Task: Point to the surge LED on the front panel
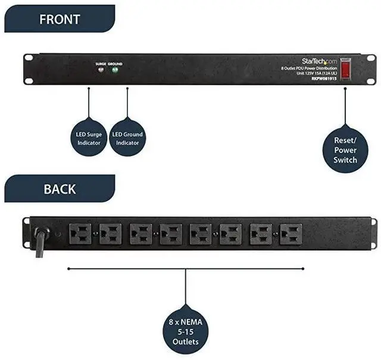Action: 101,70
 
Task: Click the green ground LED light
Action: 114,70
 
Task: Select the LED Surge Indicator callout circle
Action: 88,138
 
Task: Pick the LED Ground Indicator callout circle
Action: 127,138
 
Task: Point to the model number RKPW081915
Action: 324,78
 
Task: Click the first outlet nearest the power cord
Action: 80,234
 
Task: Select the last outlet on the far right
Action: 291,234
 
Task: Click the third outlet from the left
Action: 140,234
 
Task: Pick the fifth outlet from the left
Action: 201,234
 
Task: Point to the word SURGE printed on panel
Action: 101,63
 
